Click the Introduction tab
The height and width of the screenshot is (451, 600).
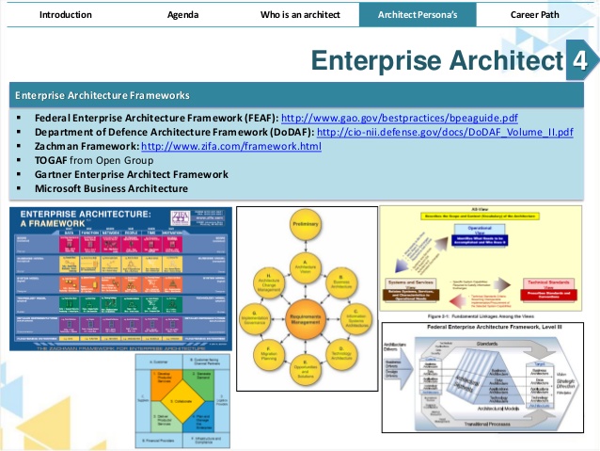point(66,15)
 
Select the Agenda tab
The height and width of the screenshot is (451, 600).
point(182,15)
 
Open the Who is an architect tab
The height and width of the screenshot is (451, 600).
point(299,15)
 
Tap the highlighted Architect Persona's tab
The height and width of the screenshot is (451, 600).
point(417,15)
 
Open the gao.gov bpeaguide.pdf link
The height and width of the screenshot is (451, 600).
point(400,119)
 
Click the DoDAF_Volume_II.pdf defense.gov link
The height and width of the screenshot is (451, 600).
point(445,133)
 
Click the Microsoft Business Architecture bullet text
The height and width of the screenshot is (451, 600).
point(111,188)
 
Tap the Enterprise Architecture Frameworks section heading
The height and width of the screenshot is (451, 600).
point(103,95)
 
